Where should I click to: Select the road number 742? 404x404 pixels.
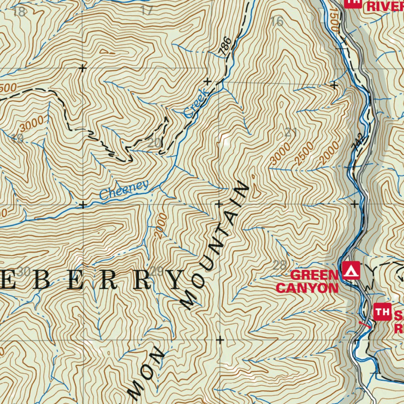[358, 144]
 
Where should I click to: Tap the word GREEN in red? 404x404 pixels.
[314, 275]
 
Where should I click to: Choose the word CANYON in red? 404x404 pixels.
[307, 288]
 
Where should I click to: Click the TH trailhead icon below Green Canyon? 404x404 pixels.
[382, 312]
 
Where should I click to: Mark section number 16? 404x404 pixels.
[277, 22]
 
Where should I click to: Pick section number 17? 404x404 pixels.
[146, 11]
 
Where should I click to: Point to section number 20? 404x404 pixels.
[154, 143]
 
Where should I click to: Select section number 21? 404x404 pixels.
[290, 133]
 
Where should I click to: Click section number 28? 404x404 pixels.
[280, 265]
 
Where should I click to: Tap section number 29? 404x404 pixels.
[157, 271]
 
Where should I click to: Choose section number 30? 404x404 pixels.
[24, 271]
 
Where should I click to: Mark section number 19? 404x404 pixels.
[18, 138]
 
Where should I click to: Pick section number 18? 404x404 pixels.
[19, 11]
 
